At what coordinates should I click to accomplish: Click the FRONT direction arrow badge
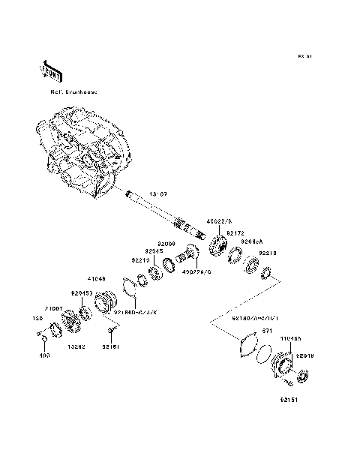click(49, 70)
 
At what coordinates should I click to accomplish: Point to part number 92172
click(236, 234)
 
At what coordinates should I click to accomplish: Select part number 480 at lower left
click(43, 355)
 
